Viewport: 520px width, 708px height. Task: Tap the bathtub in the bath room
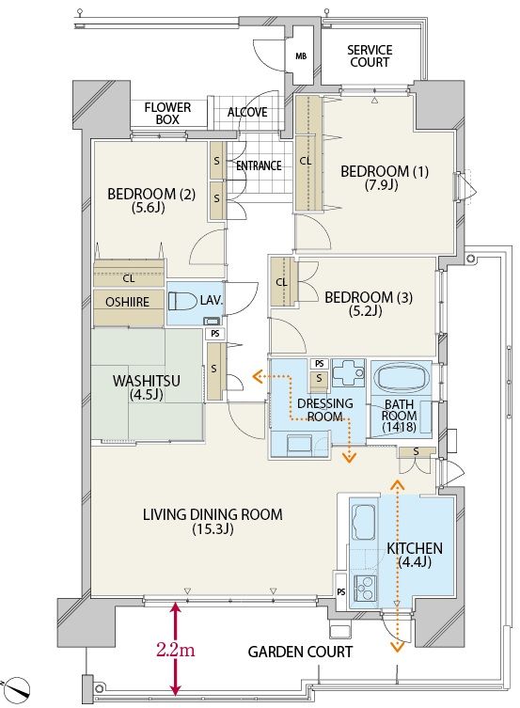[402, 377]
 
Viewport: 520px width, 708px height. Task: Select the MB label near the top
[301, 56]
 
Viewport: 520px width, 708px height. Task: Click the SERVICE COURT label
[370, 56]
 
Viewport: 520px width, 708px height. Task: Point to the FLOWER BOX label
[167, 114]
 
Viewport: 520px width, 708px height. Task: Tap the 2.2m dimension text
[176, 651]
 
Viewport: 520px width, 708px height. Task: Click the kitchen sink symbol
[364, 522]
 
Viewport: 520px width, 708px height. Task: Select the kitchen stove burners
[365, 589]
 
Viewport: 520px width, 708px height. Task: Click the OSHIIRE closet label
[127, 302]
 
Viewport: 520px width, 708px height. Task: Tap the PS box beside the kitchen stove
[341, 591]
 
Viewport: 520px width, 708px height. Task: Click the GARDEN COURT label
[300, 652]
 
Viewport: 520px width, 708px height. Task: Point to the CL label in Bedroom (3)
[281, 283]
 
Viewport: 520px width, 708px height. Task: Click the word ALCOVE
[247, 112]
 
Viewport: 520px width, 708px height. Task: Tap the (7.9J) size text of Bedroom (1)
[381, 184]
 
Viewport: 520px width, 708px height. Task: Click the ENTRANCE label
[260, 165]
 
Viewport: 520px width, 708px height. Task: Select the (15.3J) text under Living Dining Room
[213, 528]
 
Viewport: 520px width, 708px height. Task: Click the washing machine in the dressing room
[299, 444]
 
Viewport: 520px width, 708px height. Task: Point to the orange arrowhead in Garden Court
[397, 647]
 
